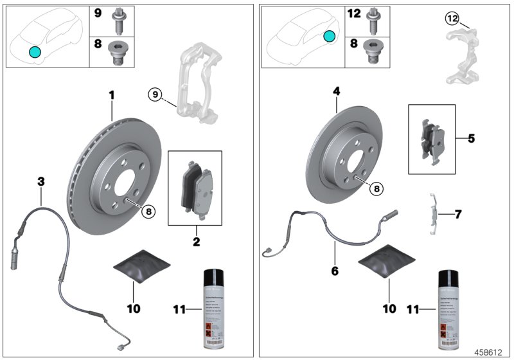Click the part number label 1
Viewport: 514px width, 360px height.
point(111,96)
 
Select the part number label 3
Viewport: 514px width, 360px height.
point(41,182)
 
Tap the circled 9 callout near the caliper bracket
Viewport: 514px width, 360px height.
point(154,95)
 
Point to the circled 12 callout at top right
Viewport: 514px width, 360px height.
point(452,19)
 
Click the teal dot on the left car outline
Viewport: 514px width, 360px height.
point(34,51)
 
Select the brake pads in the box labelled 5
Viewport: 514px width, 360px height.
point(431,139)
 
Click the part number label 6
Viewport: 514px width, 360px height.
point(334,271)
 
